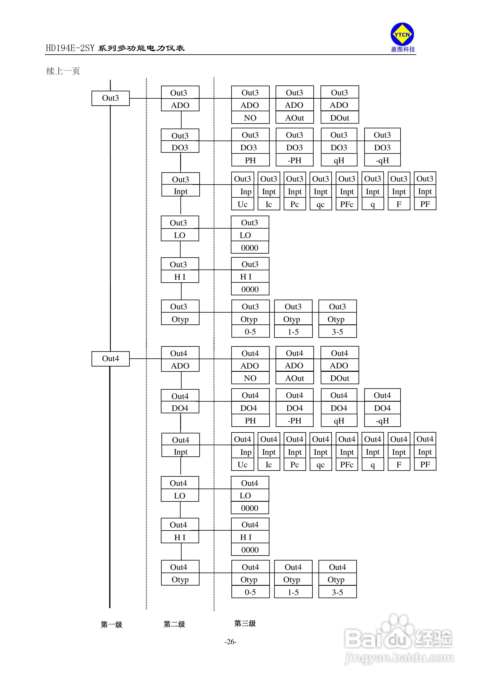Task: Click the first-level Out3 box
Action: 110,98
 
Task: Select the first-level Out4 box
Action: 110,359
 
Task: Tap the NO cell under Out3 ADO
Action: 250,118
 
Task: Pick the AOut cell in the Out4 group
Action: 294,378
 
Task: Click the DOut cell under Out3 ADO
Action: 340,118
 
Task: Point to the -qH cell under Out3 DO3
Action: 382,160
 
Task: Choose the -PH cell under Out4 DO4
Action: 294,421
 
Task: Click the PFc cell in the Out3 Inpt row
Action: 347,204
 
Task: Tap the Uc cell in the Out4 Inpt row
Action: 243,465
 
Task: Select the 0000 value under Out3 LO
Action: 250,248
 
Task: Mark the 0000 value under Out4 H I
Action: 250,550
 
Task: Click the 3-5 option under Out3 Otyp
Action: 338,332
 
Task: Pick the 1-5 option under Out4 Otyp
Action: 293,592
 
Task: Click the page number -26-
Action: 230,642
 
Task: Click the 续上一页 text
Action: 63,71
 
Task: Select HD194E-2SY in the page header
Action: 70,48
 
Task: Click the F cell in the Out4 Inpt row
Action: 399,465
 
